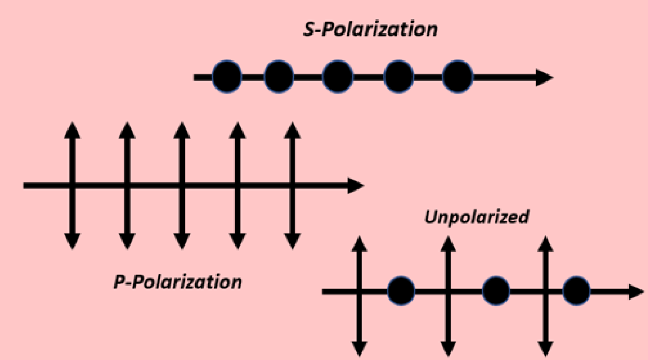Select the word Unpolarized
click(476, 218)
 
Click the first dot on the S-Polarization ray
click(227, 77)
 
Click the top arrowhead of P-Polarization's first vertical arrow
click(72, 130)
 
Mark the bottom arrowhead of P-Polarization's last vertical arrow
click(292, 242)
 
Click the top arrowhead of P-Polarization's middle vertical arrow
click(182, 130)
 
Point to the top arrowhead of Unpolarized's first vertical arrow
click(360, 243)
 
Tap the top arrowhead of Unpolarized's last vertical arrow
click(546, 243)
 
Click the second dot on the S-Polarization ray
click(279, 77)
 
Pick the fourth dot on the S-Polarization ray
click(398, 77)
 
